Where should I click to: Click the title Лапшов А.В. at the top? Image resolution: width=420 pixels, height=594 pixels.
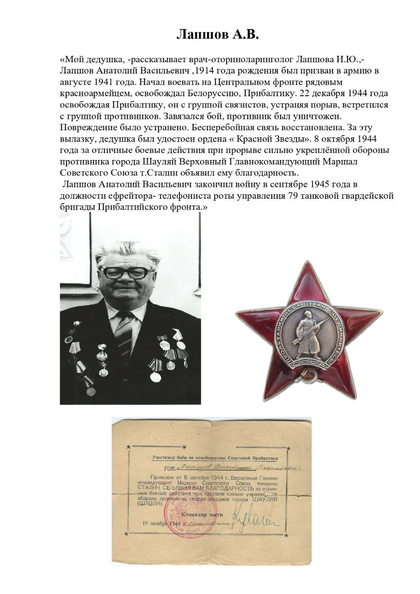[218, 34]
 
